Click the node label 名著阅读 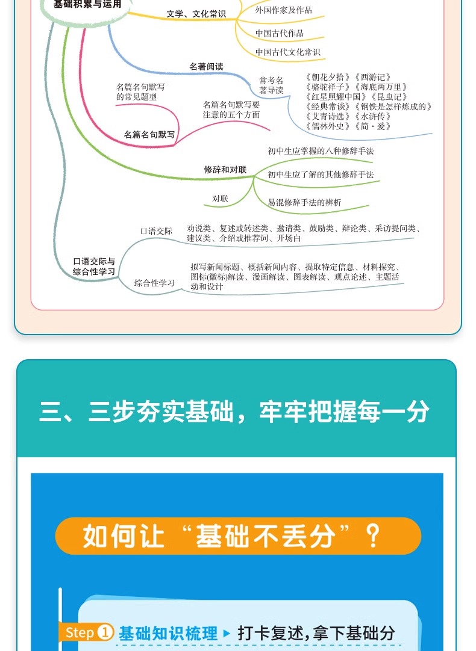click(x=206, y=67)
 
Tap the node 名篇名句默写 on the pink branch click(x=149, y=135)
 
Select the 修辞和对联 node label click(x=225, y=170)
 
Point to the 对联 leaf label click(x=220, y=199)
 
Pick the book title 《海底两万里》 click(x=381, y=87)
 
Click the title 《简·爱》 click(x=373, y=126)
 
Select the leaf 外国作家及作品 click(x=283, y=10)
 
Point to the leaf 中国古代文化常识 click(x=287, y=52)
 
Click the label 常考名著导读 click(x=271, y=85)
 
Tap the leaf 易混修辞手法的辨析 click(x=304, y=203)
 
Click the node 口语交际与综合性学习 click(x=94, y=267)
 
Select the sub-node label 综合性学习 click(x=155, y=283)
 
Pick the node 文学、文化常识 click(x=196, y=14)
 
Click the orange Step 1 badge click(x=88, y=632)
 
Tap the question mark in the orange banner click(x=374, y=534)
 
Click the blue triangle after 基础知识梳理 click(x=227, y=633)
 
